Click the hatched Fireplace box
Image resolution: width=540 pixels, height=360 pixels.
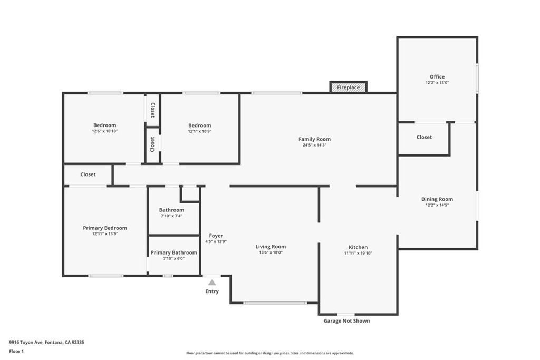click(x=348, y=87)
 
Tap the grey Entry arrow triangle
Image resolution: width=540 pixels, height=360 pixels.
click(x=212, y=283)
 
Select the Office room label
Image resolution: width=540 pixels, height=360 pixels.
click(x=437, y=77)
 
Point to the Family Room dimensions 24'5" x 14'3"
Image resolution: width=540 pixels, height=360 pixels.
click(x=314, y=145)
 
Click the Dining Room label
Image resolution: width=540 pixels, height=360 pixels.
click(x=437, y=199)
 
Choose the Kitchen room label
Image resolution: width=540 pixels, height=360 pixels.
click(x=358, y=247)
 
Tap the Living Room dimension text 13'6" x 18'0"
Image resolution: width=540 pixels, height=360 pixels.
click(x=271, y=252)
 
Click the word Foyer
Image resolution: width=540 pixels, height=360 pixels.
click(x=216, y=236)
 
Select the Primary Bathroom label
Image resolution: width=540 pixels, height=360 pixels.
click(x=174, y=252)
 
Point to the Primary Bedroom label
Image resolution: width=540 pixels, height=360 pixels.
click(x=105, y=228)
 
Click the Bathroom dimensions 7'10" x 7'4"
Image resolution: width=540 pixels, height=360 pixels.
click(x=171, y=216)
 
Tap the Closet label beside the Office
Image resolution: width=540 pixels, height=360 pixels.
click(x=424, y=137)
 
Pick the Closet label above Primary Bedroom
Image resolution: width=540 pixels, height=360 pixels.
click(x=88, y=174)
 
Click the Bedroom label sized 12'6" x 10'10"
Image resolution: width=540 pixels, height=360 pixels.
click(x=105, y=125)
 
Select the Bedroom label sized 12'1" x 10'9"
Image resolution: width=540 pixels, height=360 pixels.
click(x=200, y=125)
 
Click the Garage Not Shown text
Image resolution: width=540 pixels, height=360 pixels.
click(x=347, y=321)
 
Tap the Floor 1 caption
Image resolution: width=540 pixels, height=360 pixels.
click(x=16, y=352)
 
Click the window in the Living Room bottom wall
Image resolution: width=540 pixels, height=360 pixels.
click(x=275, y=303)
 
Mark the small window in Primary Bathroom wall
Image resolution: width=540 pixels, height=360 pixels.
click(x=168, y=276)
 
